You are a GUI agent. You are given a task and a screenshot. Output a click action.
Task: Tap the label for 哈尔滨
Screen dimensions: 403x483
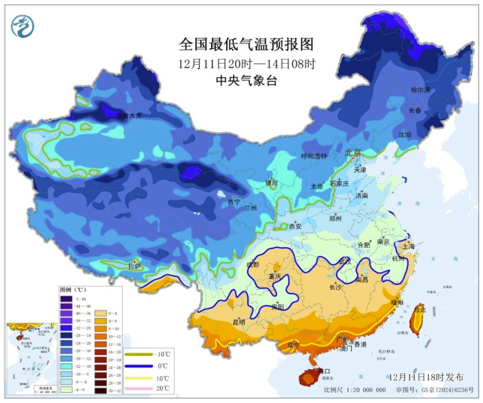point(420,90)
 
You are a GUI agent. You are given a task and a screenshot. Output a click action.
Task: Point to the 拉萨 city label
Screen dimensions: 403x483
point(134,266)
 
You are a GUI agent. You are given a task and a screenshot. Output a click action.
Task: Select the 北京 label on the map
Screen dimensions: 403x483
point(352,153)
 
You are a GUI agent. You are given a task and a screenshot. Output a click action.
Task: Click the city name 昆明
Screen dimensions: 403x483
point(239,322)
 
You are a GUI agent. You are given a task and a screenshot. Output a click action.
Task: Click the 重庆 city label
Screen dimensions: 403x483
point(275,276)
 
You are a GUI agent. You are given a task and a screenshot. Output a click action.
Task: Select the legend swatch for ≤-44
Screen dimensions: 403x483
point(66,299)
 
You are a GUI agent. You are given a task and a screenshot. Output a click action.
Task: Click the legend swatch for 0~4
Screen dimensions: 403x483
point(100,312)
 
